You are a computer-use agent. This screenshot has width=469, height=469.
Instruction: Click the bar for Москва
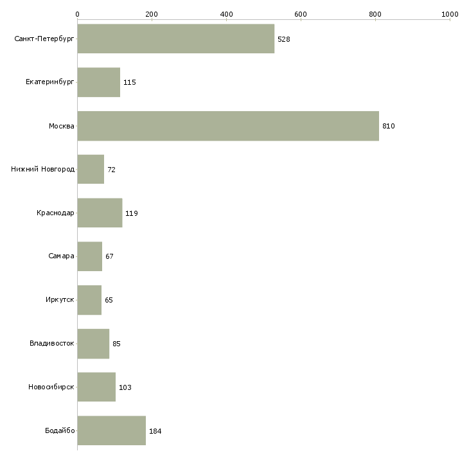click(x=228, y=126)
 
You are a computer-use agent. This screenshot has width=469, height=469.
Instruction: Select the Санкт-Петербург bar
click(x=176, y=39)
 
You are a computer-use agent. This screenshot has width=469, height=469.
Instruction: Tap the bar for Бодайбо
click(x=112, y=430)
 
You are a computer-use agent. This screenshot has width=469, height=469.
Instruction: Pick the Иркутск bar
click(x=89, y=300)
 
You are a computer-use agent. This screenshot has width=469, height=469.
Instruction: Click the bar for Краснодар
click(x=100, y=213)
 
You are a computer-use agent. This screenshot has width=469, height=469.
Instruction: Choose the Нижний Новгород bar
click(x=91, y=170)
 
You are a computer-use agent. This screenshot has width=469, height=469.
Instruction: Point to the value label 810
click(x=389, y=126)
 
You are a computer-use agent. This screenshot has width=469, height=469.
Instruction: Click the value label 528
click(x=284, y=39)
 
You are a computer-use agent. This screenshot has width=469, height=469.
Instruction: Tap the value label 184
click(x=155, y=431)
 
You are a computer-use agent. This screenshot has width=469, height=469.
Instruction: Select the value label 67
click(x=109, y=256)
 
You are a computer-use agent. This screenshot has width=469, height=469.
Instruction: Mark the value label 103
click(x=125, y=387)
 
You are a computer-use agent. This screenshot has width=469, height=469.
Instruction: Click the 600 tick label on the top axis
click(x=301, y=14)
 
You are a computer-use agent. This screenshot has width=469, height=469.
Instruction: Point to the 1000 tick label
click(x=450, y=14)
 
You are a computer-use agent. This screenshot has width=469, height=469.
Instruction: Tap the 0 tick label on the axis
click(x=78, y=14)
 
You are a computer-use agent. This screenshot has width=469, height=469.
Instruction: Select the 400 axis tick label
click(x=226, y=14)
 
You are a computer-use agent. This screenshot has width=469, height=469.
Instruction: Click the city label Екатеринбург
click(x=49, y=82)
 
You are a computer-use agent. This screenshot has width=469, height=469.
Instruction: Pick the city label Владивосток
click(x=52, y=343)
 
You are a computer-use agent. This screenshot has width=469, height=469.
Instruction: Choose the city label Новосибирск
click(x=51, y=387)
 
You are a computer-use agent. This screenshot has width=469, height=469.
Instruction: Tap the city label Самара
click(x=61, y=256)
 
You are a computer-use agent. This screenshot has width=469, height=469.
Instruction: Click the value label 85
click(x=117, y=344)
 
